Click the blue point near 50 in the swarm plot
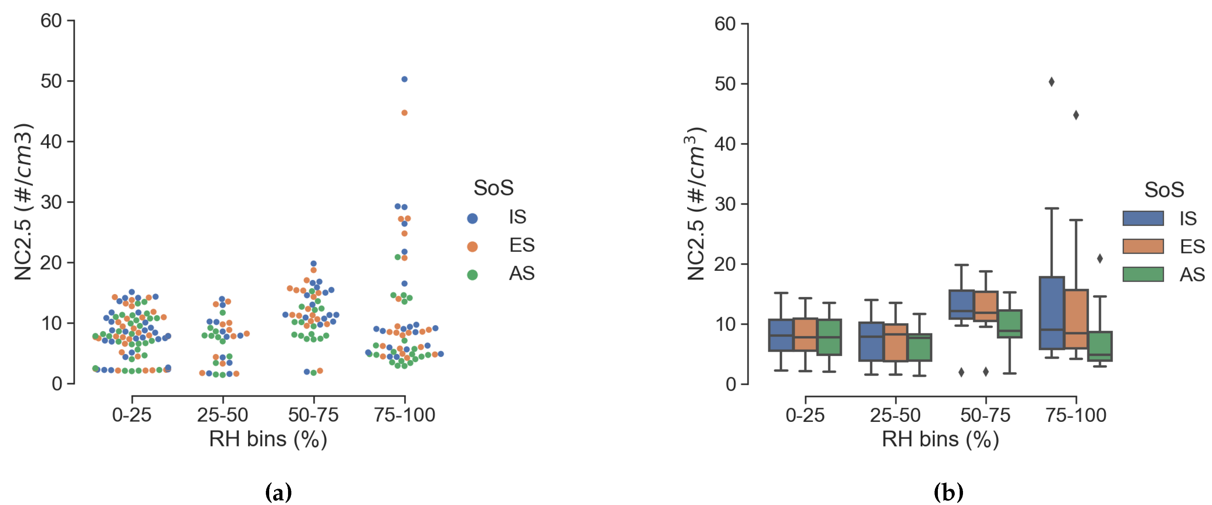pos(404,79)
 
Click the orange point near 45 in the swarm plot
pos(404,113)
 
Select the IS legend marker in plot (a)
pos(472,218)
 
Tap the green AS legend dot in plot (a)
pos(472,275)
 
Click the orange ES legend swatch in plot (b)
pos(1143,246)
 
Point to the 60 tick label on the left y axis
pos(51,21)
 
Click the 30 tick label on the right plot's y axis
pos(725,204)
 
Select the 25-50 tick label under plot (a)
pos(223,415)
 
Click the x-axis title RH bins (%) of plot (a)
pos(268,439)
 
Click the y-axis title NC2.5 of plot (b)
pos(696,204)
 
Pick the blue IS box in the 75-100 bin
pos(1052,313)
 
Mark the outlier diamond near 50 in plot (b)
pos(1052,82)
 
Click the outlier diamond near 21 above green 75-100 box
pos(1100,258)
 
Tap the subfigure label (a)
pos(278,493)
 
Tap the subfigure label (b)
pos(948,493)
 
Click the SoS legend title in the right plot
pos(1164,190)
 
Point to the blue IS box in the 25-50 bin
pos(871,341)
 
